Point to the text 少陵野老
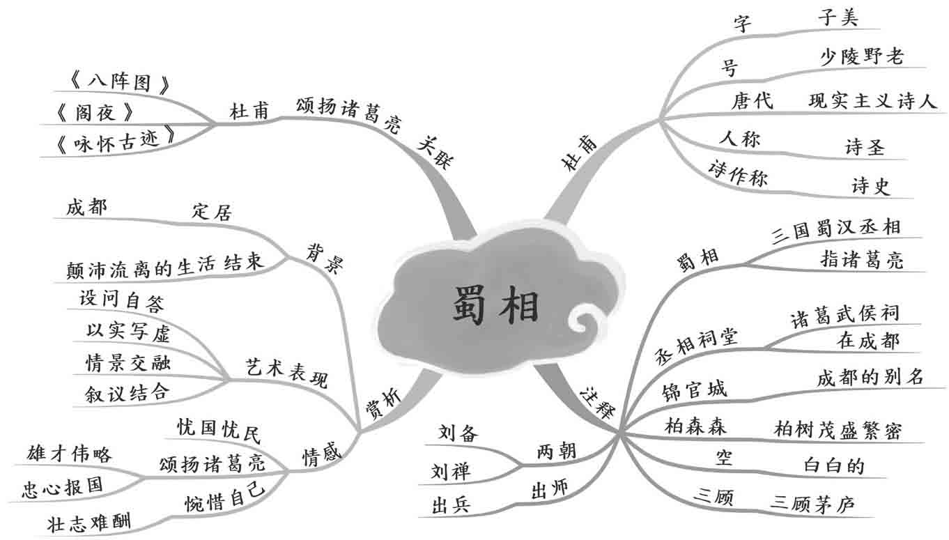[x=862, y=56]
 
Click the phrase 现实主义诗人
[x=872, y=101]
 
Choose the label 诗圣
[x=865, y=147]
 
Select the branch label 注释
[x=597, y=402]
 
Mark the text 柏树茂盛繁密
[x=838, y=429]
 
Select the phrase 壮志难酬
[x=88, y=522]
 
